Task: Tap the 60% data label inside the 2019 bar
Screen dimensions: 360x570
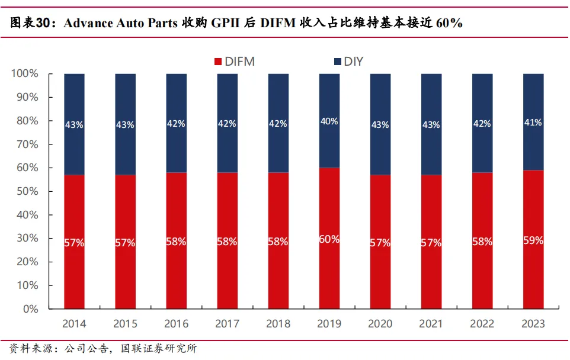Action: click(329, 239)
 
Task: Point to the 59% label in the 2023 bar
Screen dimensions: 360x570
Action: click(533, 242)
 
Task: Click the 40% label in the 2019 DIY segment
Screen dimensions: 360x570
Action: click(329, 121)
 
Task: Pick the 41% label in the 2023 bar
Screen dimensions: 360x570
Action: click(533, 123)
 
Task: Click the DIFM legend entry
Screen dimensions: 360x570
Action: click(234, 62)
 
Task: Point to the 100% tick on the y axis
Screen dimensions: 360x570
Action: click(25, 74)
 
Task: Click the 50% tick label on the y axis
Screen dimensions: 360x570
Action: click(27, 191)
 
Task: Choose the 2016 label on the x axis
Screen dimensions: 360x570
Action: click(176, 324)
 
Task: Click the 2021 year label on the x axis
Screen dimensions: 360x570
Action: click(431, 324)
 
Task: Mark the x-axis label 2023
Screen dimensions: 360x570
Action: click(533, 324)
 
